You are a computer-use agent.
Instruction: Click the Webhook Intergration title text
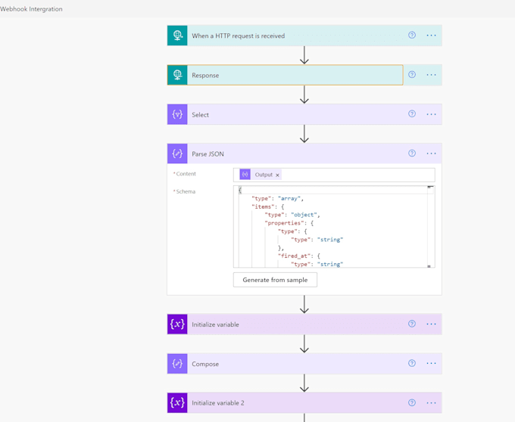tap(32, 9)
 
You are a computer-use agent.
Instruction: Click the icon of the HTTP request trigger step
tap(177, 36)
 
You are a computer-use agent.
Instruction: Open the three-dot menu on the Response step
tap(431, 75)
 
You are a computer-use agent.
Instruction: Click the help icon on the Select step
tap(412, 114)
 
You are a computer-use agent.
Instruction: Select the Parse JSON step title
tap(208, 154)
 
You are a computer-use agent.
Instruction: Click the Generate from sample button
tap(275, 280)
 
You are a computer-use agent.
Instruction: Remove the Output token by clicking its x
tap(277, 175)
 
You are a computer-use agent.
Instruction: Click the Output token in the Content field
tap(263, 175)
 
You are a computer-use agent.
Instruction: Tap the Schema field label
tap(185, 192)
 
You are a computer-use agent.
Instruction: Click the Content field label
tap(186, 174)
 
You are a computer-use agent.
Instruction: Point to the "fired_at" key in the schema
tap(292, 256)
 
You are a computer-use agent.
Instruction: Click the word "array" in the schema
tap(290, 198)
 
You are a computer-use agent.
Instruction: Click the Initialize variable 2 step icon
tap(177, 403)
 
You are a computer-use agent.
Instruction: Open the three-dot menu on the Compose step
tap(431, 364)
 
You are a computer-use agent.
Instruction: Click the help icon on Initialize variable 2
tap(412, 403)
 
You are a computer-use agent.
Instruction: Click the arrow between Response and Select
tap(304, 95)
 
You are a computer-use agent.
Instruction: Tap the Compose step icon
tap(177, 364)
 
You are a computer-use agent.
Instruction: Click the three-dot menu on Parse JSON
tap(431, 154)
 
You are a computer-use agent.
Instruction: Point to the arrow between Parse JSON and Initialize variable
tap(304, 305)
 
